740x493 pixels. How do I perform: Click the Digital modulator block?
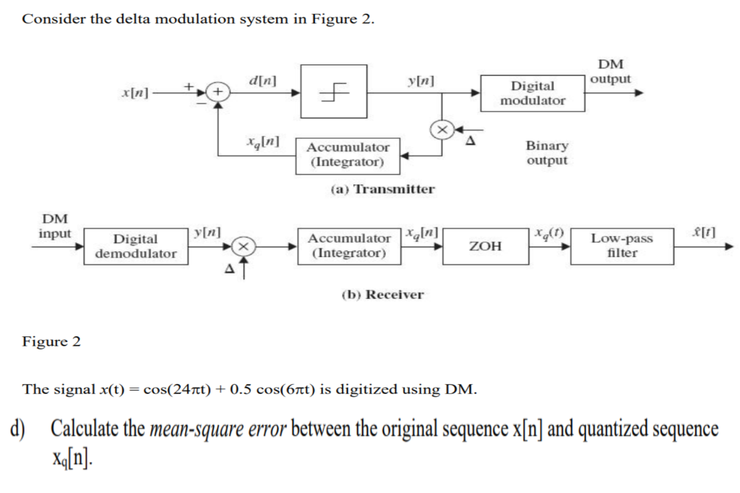533,93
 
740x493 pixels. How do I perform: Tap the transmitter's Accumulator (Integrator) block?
348,155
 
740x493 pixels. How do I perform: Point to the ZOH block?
486,246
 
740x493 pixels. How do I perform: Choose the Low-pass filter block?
621,246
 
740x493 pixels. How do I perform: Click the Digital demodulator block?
135,246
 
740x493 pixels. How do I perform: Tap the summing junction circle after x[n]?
219,92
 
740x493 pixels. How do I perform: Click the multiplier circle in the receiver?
246,246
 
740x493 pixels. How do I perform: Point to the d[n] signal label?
262,79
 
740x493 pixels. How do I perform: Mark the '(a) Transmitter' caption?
382,189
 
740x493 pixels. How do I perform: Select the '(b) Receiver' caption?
382,295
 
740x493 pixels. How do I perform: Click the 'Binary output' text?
547,153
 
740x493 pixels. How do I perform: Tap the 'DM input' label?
55,226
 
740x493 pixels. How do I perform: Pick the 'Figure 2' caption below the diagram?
51,341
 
